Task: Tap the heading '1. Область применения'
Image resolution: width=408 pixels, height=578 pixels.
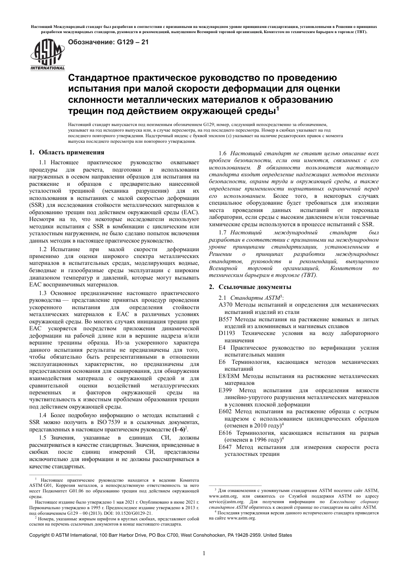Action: [67, 152]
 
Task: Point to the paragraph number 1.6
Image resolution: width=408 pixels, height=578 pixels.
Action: [222, 154]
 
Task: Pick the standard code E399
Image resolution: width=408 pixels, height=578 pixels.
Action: [225, 390]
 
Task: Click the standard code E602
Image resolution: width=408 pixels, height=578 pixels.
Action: [225, 412]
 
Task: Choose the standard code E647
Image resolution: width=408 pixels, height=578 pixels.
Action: [225, 447]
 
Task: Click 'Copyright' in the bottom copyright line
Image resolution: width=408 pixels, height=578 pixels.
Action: [39, 535]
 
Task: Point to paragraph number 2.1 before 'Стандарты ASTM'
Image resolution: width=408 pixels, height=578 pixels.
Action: [222, 298]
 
